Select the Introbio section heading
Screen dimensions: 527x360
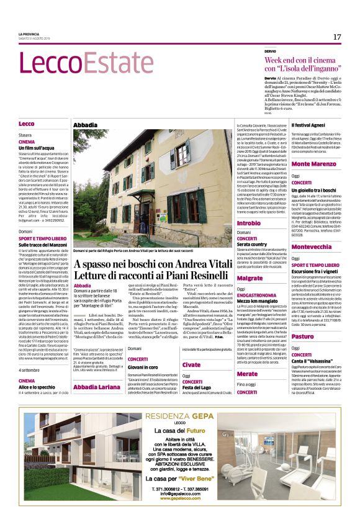click(x=249, y=222)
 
